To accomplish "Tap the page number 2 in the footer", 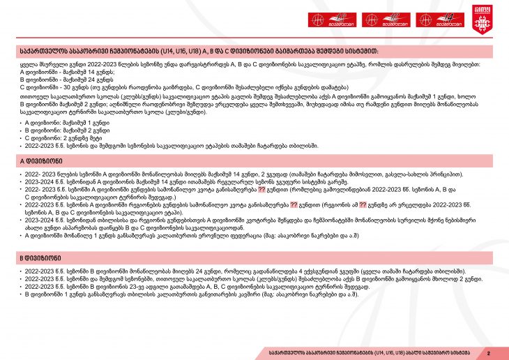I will pos(489,352).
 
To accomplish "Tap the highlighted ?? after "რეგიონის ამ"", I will pos(363,205).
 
